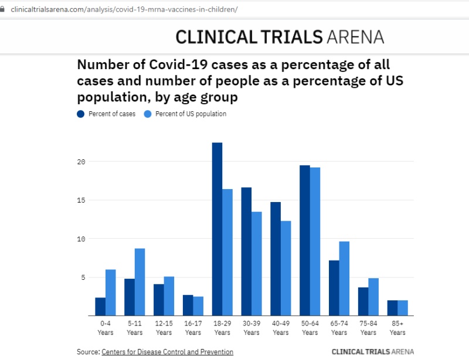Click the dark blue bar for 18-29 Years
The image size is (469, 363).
tap(217, 229)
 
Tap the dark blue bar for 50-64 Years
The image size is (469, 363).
tap(305, 241)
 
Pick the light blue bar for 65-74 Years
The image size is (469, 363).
tap(344, 279)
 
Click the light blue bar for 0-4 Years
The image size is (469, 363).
tap(110, 293)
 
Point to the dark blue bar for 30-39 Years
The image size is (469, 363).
tap(246, 252)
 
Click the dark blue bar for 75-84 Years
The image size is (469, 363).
tap(363, 302)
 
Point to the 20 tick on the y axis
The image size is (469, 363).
tap(82, 162)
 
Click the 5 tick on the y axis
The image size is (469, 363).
tap(84, 278)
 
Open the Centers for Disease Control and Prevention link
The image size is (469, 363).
tap(167, 352)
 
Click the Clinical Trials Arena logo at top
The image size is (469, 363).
tap(280, 37)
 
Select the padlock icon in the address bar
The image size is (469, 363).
tap(4, 10)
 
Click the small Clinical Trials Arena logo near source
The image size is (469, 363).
tap(372, 352)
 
